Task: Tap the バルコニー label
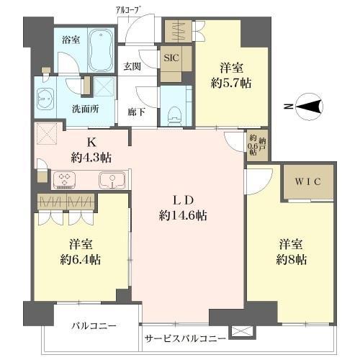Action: pyautogui.click(x=93, y=325)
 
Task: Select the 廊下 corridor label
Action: pyautogui.click(x=137, y=111)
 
